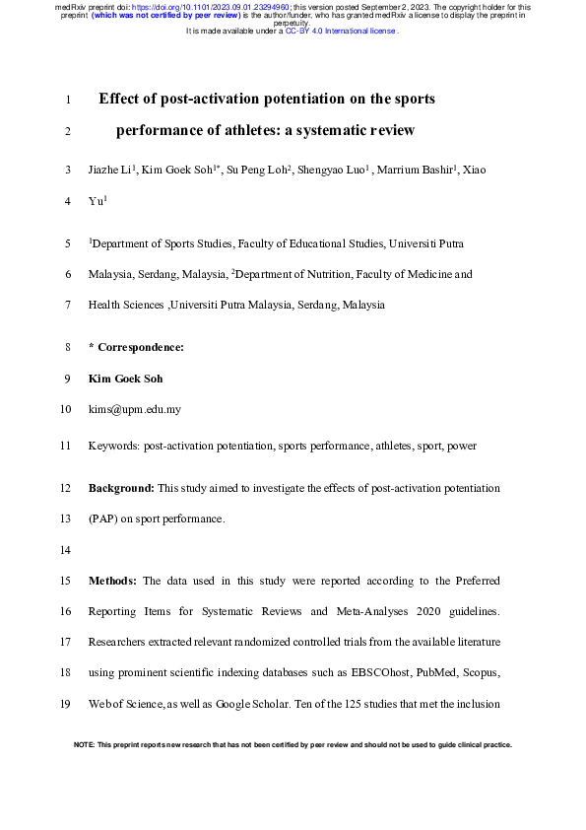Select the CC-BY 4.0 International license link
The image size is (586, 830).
(x=340, y=31)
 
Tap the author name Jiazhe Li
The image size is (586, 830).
(x=110, y=171)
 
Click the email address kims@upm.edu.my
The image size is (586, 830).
(x=134, y=409)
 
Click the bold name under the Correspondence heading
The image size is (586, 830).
(x=126, y=379)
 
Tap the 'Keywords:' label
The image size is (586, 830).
(x=114, y=446)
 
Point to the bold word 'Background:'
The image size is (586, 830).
(x=121, y=488)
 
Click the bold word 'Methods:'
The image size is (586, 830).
(x=113, y=582)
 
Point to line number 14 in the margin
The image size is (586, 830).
(x=66, y=549)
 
